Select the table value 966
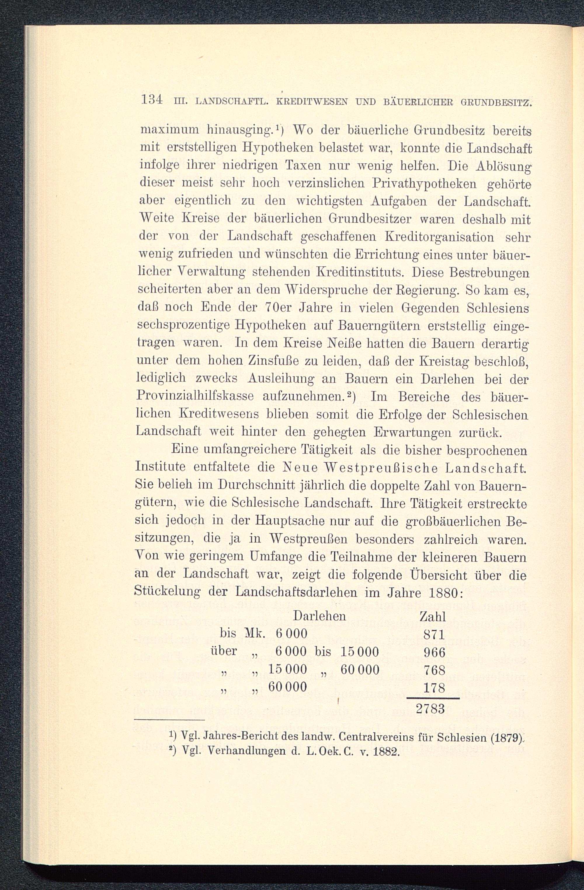click(x=434, y=652)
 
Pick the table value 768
click(x=434, y=670)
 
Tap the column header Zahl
click(x=433, y=616)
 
